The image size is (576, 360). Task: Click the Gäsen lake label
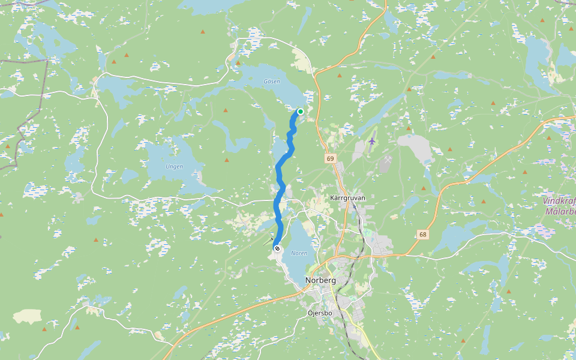(272, 82)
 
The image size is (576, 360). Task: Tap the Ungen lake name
(174, 166)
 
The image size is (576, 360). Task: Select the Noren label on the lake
(299, 253)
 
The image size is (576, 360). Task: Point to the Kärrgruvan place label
(348, 197)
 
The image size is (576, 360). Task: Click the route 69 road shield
(331, 158)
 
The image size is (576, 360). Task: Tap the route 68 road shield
(424, 234)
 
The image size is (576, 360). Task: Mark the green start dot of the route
(300, 111)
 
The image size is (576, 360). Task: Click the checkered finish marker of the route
(277, 248)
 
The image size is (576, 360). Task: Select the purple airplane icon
(373, 141)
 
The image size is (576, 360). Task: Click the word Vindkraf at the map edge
(559, 201)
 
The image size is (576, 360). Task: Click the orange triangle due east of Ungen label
(227, 160)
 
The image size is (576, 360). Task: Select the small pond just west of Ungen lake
(130, 175)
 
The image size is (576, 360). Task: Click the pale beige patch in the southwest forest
(28, 316)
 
